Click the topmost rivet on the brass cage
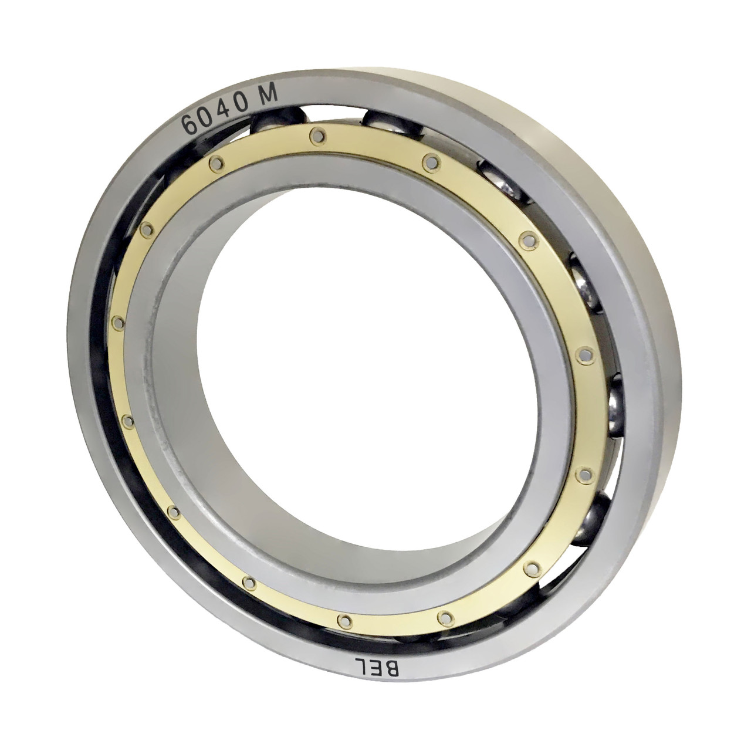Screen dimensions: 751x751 pos(319,136)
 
